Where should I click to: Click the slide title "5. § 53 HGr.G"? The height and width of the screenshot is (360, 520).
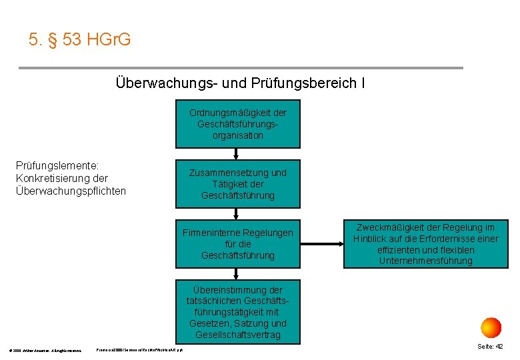pos(80,40)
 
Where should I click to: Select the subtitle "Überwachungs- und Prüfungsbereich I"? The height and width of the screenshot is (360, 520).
pos(240,84)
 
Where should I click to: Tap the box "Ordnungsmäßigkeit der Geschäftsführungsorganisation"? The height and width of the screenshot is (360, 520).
pos(238,124)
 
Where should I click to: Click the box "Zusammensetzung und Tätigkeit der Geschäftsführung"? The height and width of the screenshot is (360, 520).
pos(238,183)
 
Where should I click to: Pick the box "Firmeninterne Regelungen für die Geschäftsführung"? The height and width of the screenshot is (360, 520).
pos(238,244)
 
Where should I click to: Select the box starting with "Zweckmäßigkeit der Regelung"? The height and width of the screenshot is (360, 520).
pos(425,244)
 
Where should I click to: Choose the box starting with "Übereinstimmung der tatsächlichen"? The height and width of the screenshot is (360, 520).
pos(238,312)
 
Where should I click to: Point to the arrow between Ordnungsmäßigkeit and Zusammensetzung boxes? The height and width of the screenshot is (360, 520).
pos(238,154)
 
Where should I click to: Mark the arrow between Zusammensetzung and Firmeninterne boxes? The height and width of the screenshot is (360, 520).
pos(238,213)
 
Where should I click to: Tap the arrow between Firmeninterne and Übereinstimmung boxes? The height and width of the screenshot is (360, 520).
pos(238,273)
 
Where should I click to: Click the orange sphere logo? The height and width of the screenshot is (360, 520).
pos(491,327)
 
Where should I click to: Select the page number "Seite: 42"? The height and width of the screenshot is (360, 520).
pos(490,347)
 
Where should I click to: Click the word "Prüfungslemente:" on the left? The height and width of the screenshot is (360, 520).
pos(57,166)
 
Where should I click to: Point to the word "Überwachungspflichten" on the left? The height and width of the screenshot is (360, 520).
pos(70,191)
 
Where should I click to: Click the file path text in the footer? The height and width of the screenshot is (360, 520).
pos(140,349)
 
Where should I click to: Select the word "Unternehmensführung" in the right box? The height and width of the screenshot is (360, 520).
pos(425,261)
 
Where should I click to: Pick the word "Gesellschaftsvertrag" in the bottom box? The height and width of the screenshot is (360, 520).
pos(238,335)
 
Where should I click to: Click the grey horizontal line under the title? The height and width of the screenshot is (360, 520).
pos(240,68)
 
